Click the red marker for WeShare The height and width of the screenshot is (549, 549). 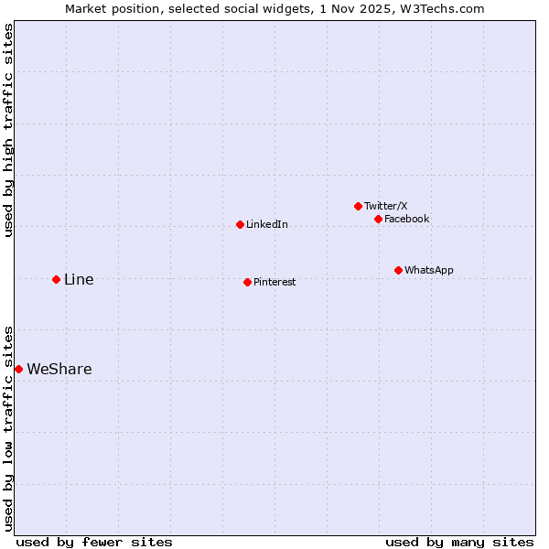[x=18, y=369]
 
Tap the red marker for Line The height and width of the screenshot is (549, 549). [x=56, y=279]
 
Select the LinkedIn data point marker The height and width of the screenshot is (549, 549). [x=240, y=224]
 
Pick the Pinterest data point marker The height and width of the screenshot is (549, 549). [x=247, y=282]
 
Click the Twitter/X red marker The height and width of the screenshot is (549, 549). [x=358, y=206]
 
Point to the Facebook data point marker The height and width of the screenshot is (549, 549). [x=378, y=219]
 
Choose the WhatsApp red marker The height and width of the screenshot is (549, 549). [x=398, y=270]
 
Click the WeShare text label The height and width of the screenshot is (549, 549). [x=59, y=370]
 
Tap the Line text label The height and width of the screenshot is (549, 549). [x=79, y=280]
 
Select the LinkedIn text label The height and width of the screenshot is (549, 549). [x=267, y=225]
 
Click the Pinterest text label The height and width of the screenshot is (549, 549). [x=274, y=283]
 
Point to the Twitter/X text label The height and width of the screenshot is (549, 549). [x=386, y=207]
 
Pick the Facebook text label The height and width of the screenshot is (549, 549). [x=407, y=220]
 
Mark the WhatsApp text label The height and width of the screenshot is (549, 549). [x=429, y=271]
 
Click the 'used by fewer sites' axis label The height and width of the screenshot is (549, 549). [x=94, y=542]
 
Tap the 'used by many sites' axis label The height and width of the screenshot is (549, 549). [x=459, y=542]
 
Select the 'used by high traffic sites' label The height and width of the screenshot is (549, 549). [x=8, y=130]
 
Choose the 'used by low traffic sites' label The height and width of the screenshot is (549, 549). [x=8, y=428]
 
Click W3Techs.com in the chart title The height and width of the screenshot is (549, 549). [x=447, y=8]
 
